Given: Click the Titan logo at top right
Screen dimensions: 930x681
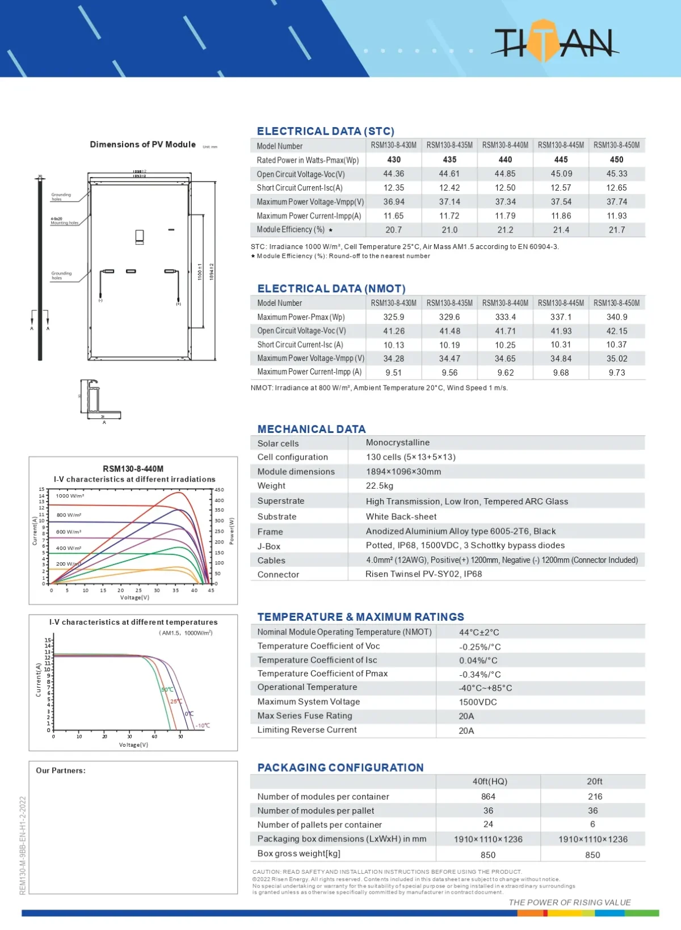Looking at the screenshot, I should click(x=553, y=41).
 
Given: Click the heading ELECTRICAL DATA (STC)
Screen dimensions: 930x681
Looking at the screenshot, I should click(x=325, y=131).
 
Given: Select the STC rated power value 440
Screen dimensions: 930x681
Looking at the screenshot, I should click(x=505, y=160).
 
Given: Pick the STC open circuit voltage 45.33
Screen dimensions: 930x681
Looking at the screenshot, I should click(x=616, y=174).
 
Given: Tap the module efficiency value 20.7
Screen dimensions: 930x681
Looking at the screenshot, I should click(x=393, y=230).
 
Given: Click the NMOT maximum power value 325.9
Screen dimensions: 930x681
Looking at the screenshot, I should click(x=393, y=317).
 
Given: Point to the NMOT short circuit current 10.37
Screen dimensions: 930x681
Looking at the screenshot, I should click(x=616, y=345).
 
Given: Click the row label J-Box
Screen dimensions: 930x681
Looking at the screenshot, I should click(x=269, y=546).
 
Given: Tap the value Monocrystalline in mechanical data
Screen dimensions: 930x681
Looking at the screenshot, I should click(x=398, y=443).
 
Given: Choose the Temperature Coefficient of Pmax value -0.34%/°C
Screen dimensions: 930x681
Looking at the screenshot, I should click(x=480, y=675).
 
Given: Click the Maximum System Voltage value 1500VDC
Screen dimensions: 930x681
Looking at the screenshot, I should click(x=478, y=702).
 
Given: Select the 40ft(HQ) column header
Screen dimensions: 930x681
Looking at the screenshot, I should click(x=490, y=781).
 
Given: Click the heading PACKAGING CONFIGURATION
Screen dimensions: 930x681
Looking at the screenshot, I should click(x=340, y=768).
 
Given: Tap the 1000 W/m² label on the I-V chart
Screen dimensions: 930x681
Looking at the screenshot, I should click(x=70, y=496).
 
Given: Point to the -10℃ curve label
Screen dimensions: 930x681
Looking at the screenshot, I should click(x=203, y=726).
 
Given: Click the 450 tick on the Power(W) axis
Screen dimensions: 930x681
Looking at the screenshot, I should click(x=219, y=490).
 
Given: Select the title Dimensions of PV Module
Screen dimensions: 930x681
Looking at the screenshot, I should click(x=142, y=145).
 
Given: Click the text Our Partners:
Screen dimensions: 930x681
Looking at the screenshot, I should click(x=61, y=771).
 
